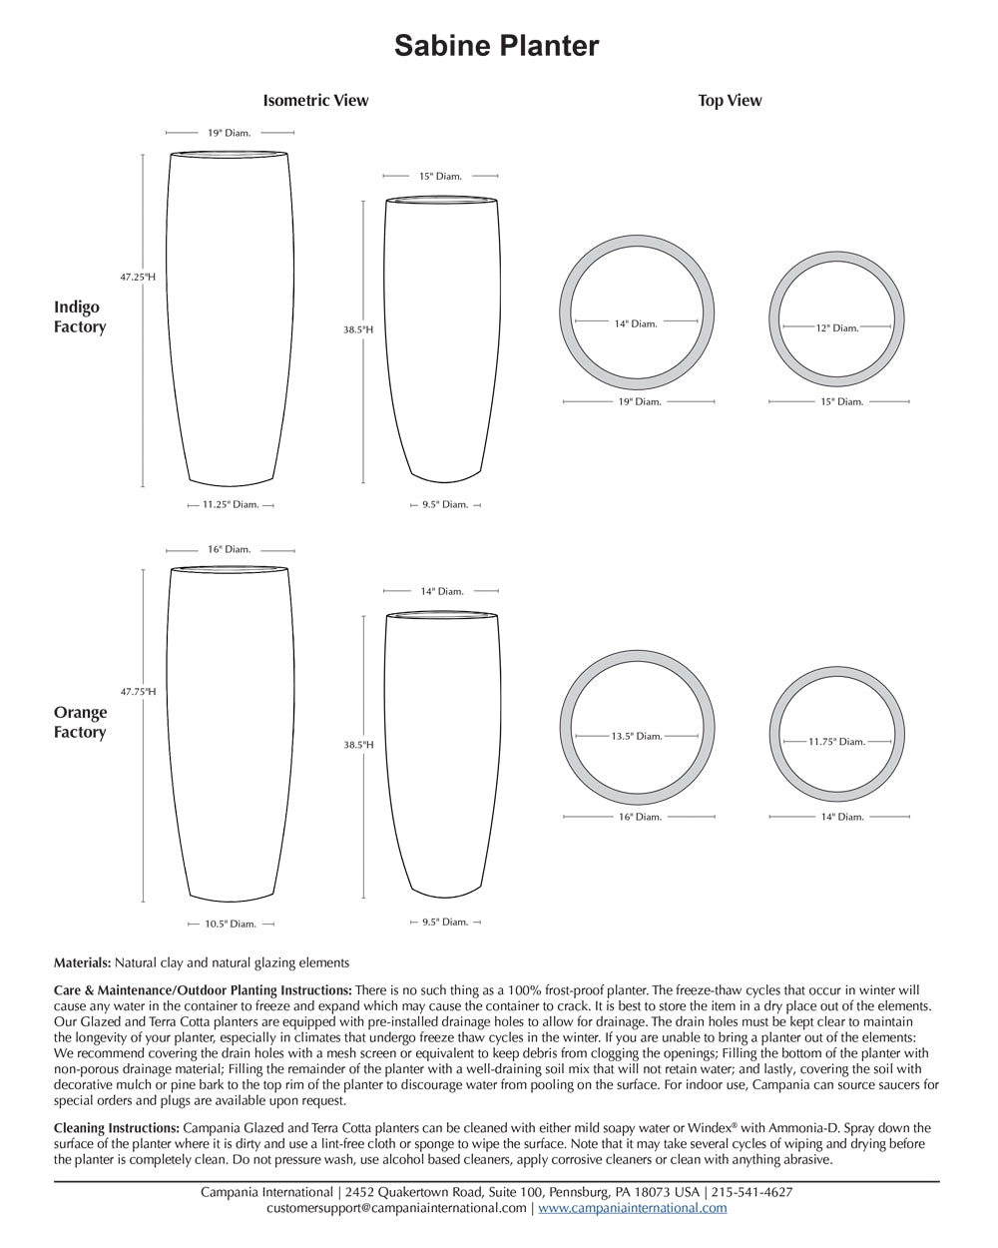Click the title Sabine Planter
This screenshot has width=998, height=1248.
(x=496, y=46)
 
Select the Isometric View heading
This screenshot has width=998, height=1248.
(x=315, y=100)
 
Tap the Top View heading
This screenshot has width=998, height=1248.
(x=730, y=100)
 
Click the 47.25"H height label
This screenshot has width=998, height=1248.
(x=138, y=277)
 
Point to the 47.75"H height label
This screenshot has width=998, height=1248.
(x=138, y=691)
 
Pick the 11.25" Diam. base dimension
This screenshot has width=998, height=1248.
(x=231, y=505)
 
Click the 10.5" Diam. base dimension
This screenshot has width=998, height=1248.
(x=231, y=925)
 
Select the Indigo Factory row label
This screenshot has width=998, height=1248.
(x=80, y=316)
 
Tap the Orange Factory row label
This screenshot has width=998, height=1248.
(x=80, y=722)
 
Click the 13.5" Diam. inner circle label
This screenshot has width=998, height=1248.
(x=637, y=736)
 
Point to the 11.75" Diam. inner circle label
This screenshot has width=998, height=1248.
(x=836, y=742)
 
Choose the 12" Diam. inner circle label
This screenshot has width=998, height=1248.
(x=836, y=327)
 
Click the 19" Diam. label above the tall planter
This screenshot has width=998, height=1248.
(x=230, y=132)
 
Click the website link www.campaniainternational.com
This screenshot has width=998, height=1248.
(x=633, y=1208)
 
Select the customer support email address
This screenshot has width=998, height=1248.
(x=396, y=1208)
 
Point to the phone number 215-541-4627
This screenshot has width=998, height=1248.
(x=752, y=1192)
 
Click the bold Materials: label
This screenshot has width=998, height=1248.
(x=82, y=963)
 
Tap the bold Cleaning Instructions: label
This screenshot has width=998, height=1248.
(x=117, y=1128)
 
